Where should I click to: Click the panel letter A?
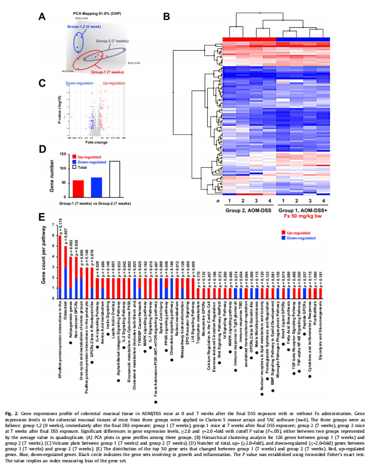(x=42, y=17)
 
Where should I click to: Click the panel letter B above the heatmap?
(x=166, y=17)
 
